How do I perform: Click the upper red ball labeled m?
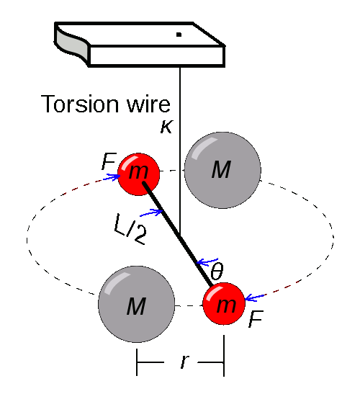coord(138,173)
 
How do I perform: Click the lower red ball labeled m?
coord(224,304)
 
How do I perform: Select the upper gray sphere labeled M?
coord(221,170)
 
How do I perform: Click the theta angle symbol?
coord(216,272)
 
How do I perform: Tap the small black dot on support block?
coord(179,34)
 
